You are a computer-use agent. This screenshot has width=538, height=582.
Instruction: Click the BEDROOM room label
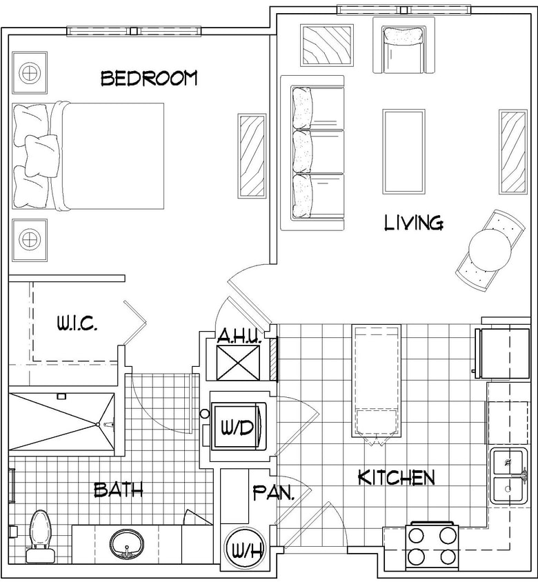(x=149, y=78)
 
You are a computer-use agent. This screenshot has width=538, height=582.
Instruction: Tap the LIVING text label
(x=413, y=223)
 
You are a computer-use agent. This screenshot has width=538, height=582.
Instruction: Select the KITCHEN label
(x=396, y=477)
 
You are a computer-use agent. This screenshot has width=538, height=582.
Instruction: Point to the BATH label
(x=118, y=490)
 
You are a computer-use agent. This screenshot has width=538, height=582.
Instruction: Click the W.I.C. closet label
(x=77, y=323)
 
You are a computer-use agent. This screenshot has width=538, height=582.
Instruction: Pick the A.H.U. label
(x=238, y=337)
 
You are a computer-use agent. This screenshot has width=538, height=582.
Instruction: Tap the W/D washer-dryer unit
(x=237, y=427)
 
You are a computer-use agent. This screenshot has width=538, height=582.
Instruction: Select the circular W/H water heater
(x=244, y=550)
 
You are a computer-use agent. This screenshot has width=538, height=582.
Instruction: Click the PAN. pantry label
(x=274, y=493)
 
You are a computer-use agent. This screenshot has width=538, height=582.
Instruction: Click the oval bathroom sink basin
(x=126, y=543)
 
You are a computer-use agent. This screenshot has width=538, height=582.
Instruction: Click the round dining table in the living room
(x=489, y=248)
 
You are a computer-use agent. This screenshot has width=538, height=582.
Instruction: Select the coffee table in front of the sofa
(x=403, y=152)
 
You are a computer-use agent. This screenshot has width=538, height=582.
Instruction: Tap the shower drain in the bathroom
(x=108, y=423)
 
